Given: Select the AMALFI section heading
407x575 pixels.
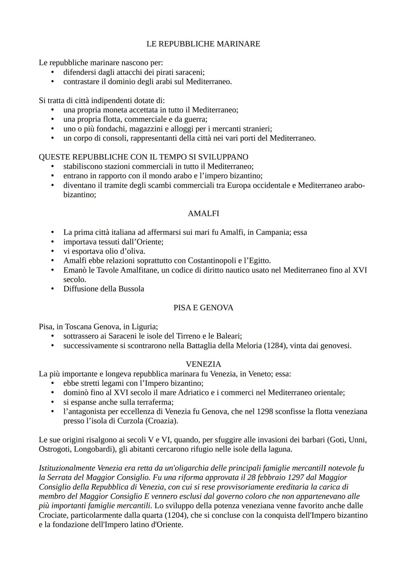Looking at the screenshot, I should coord(203,214).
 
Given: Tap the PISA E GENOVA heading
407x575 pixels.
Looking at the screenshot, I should coord(203,308).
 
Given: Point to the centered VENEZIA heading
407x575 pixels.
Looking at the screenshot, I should coord(203,364).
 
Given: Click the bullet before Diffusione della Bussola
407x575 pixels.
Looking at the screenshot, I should coord(53,289).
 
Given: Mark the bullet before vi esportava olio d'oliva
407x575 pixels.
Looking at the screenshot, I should coord(53,252).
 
